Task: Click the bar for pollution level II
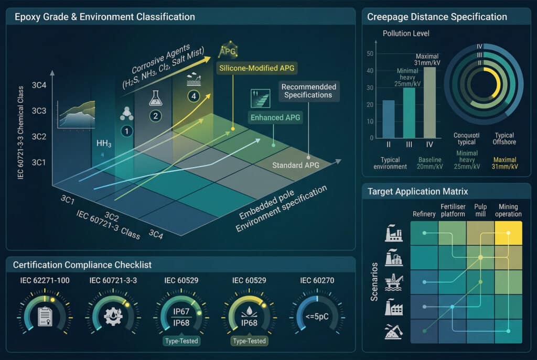[389, 118]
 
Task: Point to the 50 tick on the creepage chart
[370, 53]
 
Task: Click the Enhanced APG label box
[275, 117]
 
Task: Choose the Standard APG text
[296, 166]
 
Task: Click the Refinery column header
[424, 214]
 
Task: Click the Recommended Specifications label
[308, 91]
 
